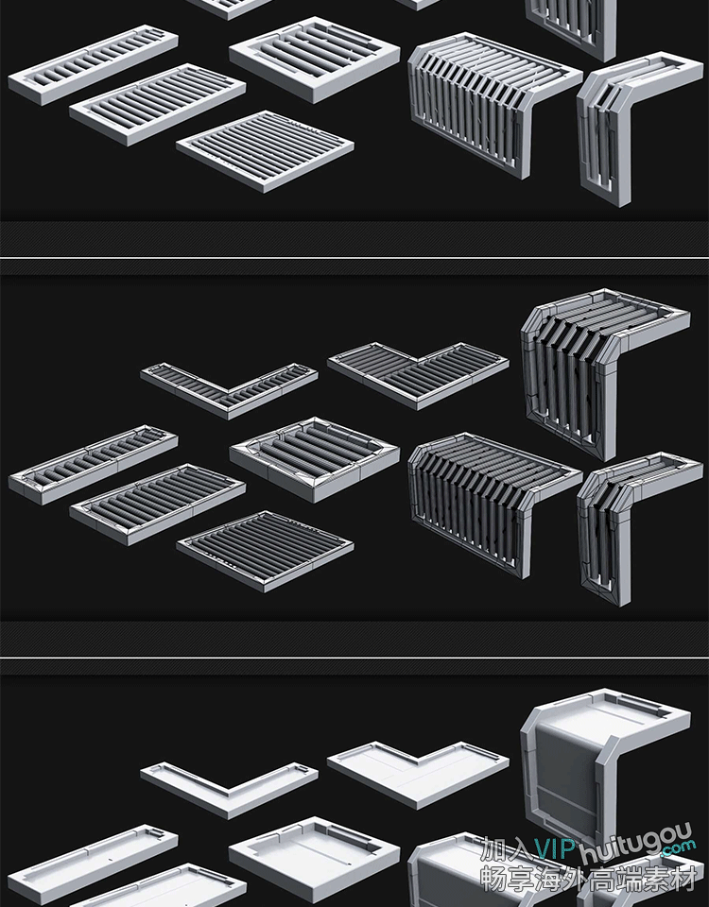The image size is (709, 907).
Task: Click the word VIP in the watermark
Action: pos(555,848)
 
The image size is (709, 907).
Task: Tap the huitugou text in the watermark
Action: pos(635,843)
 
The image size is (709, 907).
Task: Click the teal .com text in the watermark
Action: pos(678,848)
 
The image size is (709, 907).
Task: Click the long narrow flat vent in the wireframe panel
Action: pos(94,465)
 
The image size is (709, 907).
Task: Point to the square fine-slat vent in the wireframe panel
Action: pos(265,551)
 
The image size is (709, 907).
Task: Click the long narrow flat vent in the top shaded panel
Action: pos(94,65)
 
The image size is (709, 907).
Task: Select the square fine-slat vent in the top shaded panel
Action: pos(265,151)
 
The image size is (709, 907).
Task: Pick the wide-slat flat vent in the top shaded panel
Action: pos(315,59)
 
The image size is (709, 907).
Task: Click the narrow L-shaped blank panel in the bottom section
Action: pos(229,789)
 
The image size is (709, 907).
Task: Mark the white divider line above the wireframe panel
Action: pos(354,257)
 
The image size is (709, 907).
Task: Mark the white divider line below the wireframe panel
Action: pos(354,658)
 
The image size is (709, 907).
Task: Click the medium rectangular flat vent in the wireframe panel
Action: pos(158,504)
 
